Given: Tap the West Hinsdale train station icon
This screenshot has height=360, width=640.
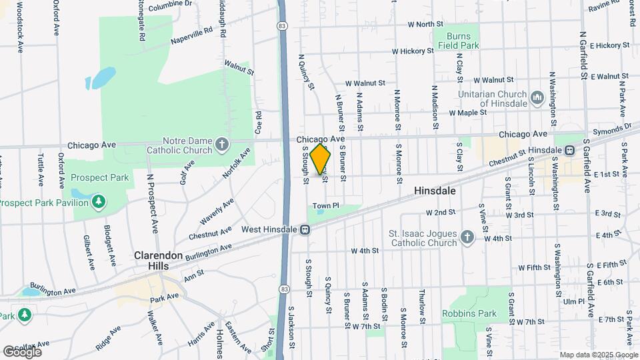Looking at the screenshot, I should (x=304, y=230).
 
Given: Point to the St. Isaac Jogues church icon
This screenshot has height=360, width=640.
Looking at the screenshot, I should (x=467, y=238).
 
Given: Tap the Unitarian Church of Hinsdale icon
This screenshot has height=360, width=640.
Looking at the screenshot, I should (x=537, y=99).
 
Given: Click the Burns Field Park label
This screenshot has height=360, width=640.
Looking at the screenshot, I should (x=459, y=41).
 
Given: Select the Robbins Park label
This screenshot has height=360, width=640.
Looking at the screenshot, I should (x=469, y=313).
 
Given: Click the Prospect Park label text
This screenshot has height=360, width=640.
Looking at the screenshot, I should (x=99, y=178).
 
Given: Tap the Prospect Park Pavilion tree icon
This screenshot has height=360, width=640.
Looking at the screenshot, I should (x=99, y=201).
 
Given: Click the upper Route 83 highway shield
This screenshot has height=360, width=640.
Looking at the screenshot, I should (x=283, y=25).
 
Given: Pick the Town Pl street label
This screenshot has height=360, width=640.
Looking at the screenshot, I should (x=327, y=205).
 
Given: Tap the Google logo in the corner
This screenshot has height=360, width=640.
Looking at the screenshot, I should (x=23, y=351).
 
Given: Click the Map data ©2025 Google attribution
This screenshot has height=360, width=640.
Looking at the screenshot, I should (x=599, y=355).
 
